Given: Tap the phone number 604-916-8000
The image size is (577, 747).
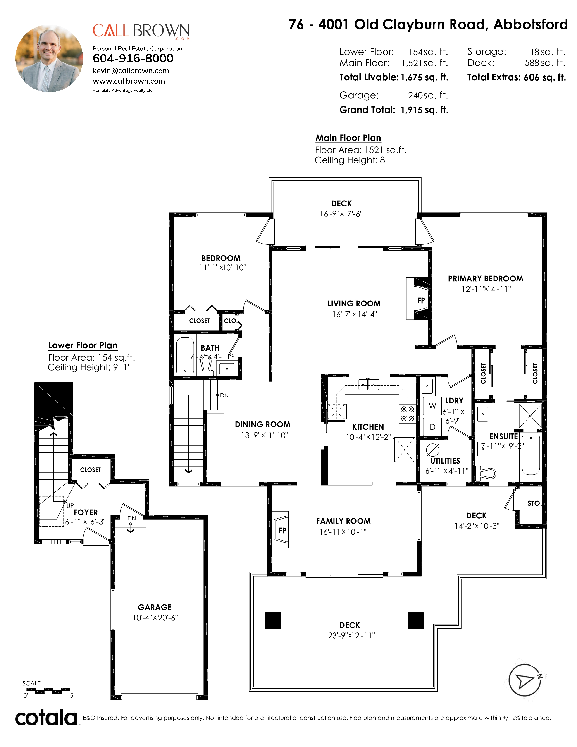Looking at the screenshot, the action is pos(133,58).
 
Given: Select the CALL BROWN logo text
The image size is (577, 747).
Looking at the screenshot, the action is pos(141,31).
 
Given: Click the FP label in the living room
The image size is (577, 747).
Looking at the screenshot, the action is pos(421,300).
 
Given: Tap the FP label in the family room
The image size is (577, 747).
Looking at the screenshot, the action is pos(282,531).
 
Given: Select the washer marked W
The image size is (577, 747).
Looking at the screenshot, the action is pos(432,406).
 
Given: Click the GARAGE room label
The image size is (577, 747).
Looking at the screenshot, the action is pos(155,607).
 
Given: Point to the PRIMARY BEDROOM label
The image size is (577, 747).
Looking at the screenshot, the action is pos(485,279).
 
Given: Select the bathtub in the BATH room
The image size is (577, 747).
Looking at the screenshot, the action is pos(185,355).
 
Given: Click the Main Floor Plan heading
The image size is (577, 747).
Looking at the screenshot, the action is pos(348,138).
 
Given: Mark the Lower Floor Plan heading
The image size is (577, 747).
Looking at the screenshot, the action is pos(83,345).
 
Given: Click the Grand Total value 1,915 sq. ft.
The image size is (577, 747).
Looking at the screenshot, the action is pos(424,110).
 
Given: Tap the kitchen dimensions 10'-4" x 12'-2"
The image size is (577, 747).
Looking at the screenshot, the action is pos(368,437).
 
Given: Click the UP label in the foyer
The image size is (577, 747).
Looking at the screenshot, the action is pos(70,505).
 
